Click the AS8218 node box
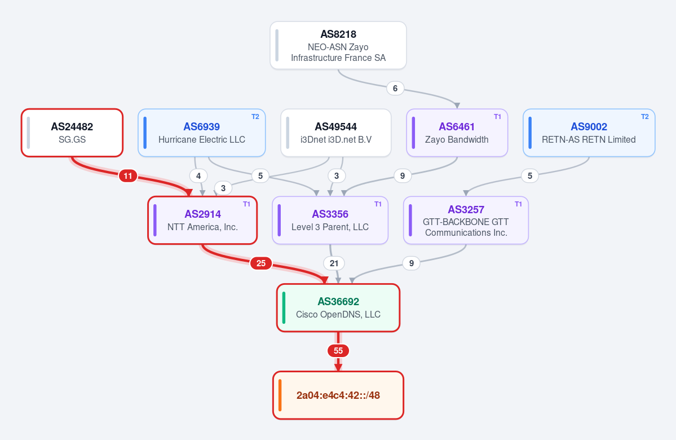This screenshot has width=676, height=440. click(338, 45)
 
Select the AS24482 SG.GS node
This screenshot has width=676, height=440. click(72, 133)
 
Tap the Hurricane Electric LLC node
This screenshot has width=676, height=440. click(201, 133)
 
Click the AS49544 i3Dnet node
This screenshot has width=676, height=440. click(336, 133)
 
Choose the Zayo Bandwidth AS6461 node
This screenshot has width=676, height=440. click(457, 133)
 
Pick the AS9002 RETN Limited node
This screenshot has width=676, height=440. click(589, 133)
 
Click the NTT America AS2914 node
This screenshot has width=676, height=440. click(202, 221)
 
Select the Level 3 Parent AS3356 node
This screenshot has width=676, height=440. click(330, 221)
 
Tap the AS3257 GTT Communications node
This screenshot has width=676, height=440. click(466, 221)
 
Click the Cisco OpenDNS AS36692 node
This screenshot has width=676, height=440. click(338, 308)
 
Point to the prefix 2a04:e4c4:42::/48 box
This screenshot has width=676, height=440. click(338, 395)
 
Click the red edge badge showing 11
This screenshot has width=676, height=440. click(128, 176)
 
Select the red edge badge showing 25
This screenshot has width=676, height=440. click(261, 263)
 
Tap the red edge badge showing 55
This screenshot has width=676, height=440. click(338, 351)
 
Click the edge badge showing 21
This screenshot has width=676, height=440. click(334, 263)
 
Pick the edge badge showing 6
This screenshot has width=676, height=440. click(395, 89)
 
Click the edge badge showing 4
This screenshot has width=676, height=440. click(198, 176)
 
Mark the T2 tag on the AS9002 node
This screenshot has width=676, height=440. click(645, 116)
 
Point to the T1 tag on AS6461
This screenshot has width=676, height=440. click(497, 116)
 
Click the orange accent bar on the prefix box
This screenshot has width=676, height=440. click(280, 395)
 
